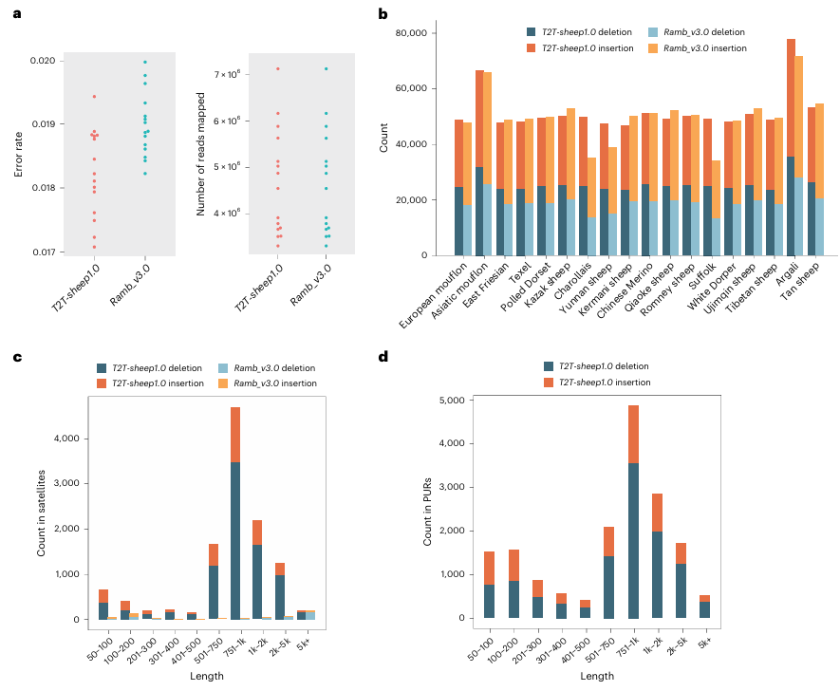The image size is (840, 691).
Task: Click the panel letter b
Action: (383, 14)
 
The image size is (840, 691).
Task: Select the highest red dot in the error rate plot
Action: (94, 97)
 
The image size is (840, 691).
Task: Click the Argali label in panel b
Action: (785, 275)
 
